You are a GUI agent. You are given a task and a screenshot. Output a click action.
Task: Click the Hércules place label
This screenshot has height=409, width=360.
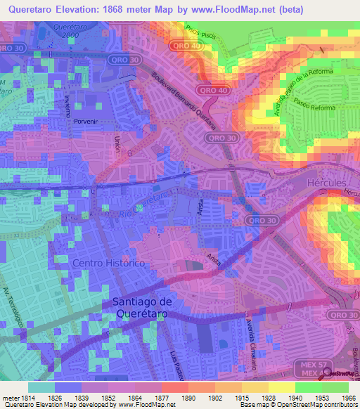point(328,183)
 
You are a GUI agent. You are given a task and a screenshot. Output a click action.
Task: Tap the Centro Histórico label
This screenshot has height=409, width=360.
point(109,262)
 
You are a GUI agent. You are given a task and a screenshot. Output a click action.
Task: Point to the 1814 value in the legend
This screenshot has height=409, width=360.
point(26,398)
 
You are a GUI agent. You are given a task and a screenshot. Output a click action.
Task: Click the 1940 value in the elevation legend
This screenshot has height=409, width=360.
point(295,398)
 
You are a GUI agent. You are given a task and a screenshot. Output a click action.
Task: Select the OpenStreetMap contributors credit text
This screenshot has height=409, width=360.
point(323,405)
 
